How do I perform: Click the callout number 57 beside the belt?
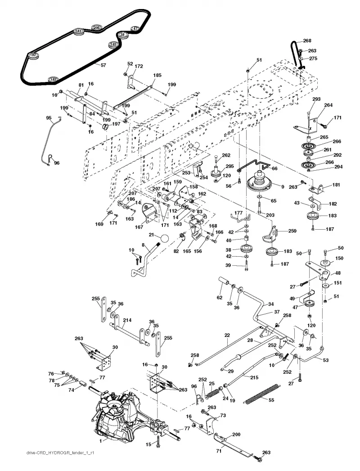pos(103,65)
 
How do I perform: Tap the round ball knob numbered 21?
pos(163,239)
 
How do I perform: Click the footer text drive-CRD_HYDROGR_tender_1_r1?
pos(60,453)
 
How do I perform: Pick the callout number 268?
pos(307,41)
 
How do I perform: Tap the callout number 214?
pos(127,320)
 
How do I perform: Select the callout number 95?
pos(49,118)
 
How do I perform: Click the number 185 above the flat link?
pos(157,75)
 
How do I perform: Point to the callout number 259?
pos(292,231)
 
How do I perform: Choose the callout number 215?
pos(254,377)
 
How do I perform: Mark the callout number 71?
pos(219,451)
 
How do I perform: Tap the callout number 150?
pos(339,258)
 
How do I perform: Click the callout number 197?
pos(116,124)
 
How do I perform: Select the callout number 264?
pos(328,105)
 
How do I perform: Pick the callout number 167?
pos(139,227)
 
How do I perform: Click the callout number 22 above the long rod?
pos(227,335)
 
